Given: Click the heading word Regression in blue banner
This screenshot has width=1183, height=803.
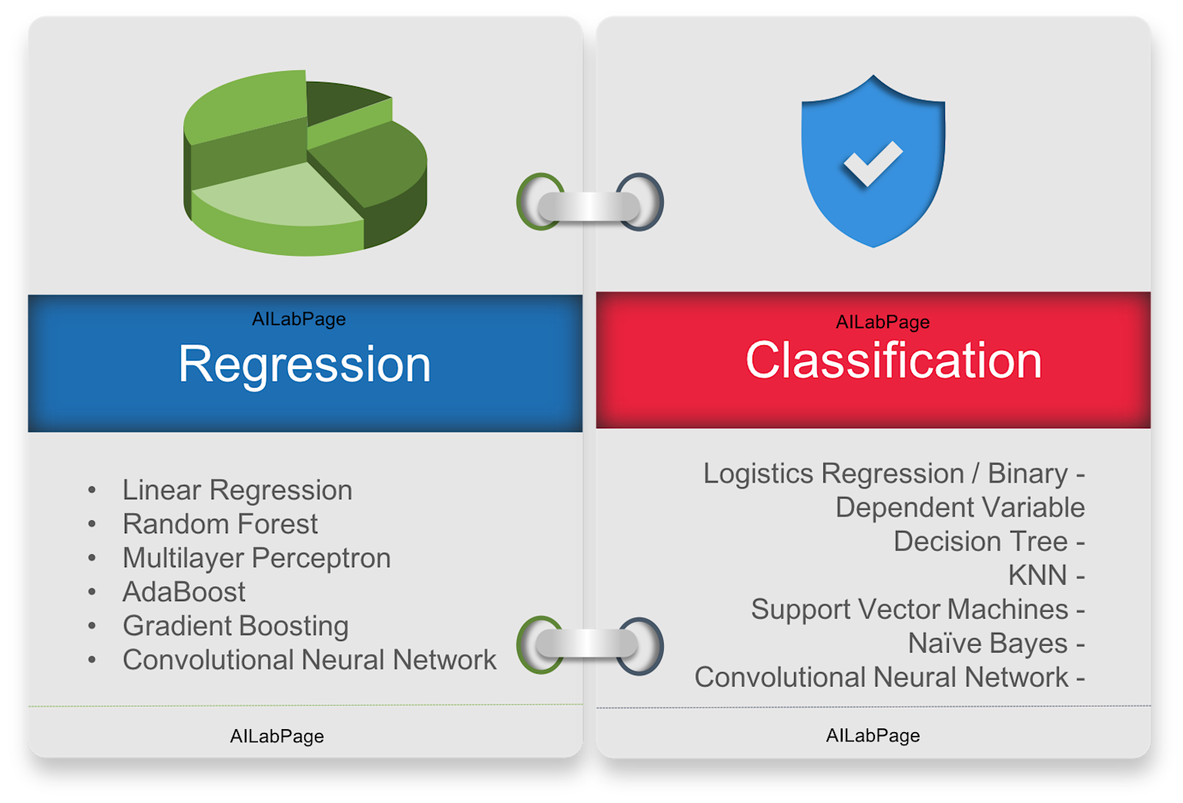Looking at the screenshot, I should [x=304, y=364].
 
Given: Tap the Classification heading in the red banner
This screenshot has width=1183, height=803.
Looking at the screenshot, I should [x=893, y=361].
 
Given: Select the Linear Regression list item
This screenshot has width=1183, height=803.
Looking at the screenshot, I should [x=237, y=490].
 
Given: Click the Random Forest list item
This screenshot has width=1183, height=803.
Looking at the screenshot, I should [x=220, y=524].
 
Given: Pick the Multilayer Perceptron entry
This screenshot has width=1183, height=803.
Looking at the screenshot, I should [x=256, y=558].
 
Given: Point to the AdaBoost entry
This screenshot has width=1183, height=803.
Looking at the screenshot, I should [x=183, y=592].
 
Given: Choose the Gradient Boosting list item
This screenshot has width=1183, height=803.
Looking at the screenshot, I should [x=235, y=626].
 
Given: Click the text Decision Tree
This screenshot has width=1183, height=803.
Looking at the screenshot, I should [x=980, y=542].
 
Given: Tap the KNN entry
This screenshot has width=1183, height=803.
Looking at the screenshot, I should [x=1037, y=576].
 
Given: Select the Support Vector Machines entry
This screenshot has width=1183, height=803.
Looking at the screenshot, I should [x=910, y=610].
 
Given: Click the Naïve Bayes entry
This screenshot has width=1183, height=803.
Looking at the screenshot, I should [x=987, y=643].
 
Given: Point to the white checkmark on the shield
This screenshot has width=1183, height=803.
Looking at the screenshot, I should [x=873, y=163].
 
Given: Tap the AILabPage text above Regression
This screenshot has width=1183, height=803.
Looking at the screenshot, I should [x=299, y=319].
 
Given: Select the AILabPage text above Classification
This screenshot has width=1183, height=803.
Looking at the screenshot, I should [x=883, y=322].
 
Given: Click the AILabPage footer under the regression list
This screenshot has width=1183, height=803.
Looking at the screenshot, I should [x=276, y=737].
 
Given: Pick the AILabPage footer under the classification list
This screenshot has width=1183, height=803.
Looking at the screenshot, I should [x=873, y=736].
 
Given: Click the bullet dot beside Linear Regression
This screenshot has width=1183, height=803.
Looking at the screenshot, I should [x=92, y=490].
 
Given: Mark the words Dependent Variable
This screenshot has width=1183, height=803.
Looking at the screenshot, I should [x=960, y=508].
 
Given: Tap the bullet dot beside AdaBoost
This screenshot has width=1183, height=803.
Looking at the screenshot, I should [x=92, y=592].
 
